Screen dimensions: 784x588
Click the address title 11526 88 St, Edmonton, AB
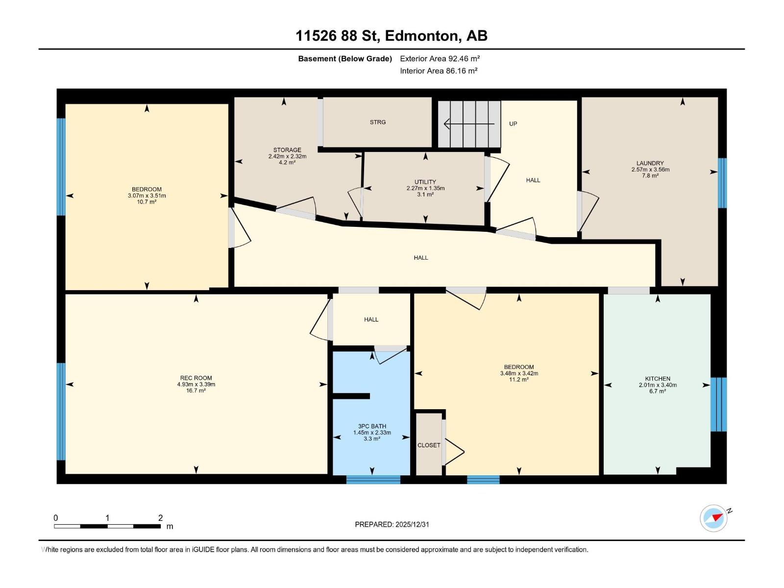391,36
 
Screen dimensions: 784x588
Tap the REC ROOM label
196,378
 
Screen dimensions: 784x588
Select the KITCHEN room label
657,378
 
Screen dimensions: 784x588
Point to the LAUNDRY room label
650,163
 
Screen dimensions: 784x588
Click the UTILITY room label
425,182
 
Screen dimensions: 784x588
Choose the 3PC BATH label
372,426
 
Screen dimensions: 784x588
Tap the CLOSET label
429,445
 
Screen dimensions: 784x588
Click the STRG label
377,122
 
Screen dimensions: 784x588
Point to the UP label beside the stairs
513,124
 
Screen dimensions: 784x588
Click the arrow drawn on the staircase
469,124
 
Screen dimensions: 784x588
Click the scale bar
107,526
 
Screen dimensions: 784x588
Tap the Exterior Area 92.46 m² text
440,58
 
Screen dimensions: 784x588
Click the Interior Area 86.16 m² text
439,71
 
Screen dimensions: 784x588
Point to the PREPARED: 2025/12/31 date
392,524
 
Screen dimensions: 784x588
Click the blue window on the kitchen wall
718,405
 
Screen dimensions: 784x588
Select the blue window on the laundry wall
722,183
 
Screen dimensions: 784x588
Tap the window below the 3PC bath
373,480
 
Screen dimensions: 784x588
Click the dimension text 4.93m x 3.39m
196,384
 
